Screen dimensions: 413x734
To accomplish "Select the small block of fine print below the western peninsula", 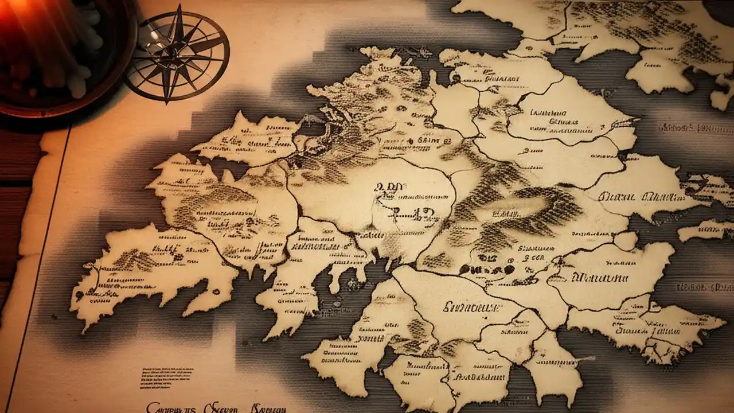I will pos(167,375).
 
